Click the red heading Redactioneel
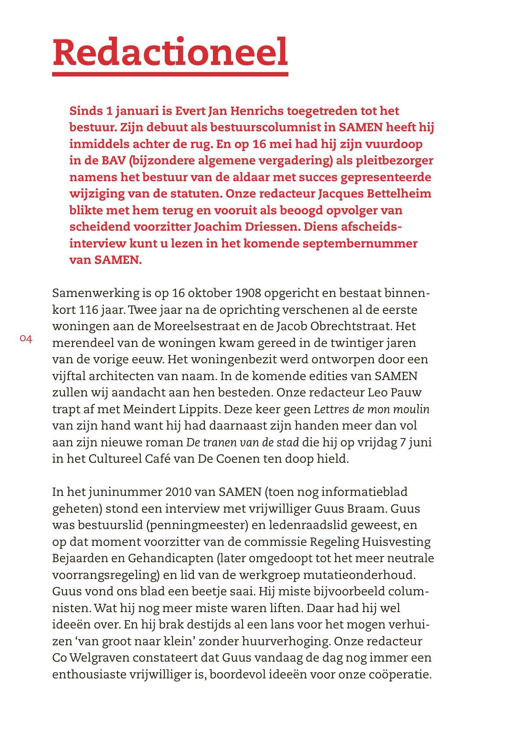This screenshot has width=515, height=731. (170, 52)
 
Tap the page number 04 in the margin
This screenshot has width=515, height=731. (26, 339)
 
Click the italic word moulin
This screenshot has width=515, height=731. (412, 409)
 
